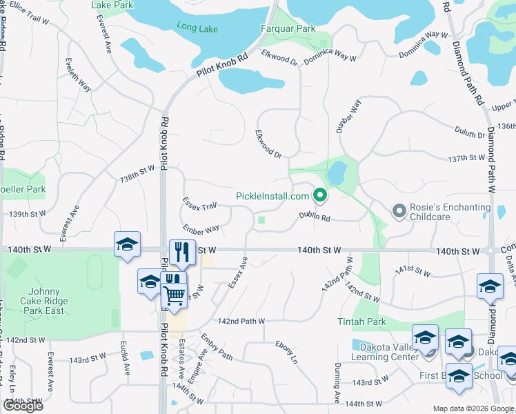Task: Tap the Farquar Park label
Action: click(x=288, y=29)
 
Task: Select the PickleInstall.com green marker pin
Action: click(x=320, y=196)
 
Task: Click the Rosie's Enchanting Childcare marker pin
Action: click(x=398, y=210)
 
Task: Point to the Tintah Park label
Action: click(x=361, y=322)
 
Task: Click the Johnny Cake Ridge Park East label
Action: click(x=46, y=301)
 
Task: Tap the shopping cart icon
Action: click(x=174, y=296)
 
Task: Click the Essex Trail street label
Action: click(x=199, y=204)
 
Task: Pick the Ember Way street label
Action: click(x=201, y=228)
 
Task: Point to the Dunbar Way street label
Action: click(x=353, y=115)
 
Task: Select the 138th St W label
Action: click(x=137, y=172)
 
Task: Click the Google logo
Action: click(x=23, y=406)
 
